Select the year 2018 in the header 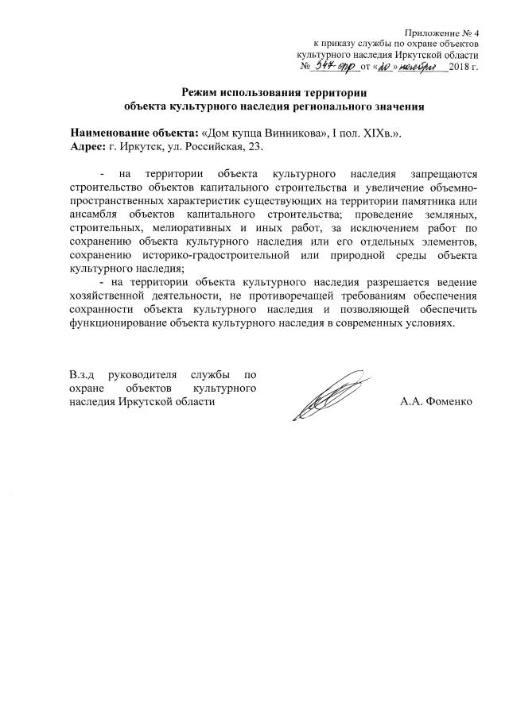[x=460, y=68]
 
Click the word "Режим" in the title [x=201, y=92]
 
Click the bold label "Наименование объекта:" [x=134, y=133]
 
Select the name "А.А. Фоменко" [x=437, y=402]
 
